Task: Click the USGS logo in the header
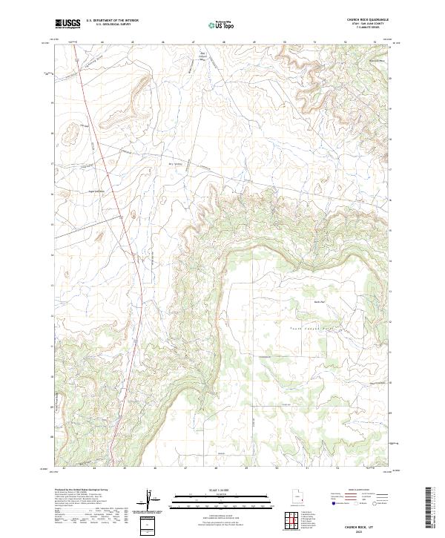click(67, 24)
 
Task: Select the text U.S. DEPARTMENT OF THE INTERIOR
click(112, 21)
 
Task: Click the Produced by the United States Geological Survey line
click(82, 491)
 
